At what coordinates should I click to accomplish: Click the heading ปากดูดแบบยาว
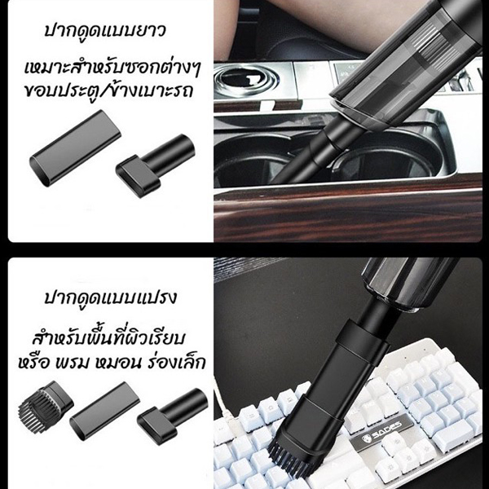coord(105,31)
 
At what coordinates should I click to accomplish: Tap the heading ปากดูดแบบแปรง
coord(110,297)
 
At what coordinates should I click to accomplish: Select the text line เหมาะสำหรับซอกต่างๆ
coord(112,68)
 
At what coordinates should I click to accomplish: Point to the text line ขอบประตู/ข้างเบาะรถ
coord(108,90)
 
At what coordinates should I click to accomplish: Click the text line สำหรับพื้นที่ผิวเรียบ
coord(110,339)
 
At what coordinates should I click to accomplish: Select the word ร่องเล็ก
coord(174,362)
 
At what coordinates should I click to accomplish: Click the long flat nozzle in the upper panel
coord(75,148)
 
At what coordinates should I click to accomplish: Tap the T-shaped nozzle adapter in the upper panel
coord(155,165)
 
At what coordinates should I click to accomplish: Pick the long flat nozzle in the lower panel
coord(104,411)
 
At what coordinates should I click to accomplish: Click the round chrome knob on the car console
coord(246,79)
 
